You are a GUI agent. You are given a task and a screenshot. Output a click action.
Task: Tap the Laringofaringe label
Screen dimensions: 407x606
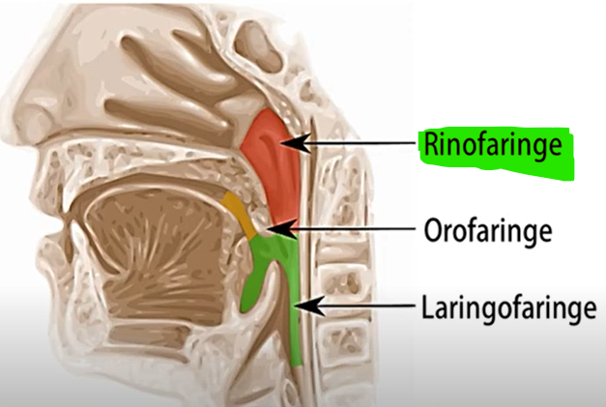(505, 309)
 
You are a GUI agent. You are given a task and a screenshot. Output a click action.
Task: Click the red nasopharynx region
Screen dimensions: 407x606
(266, 145)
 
